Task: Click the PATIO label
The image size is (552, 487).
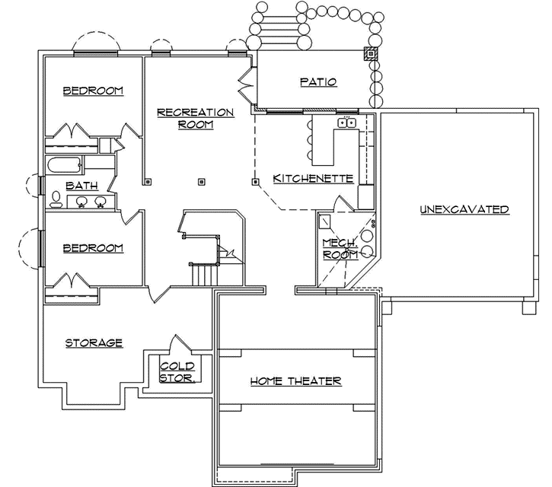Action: click(x=318, y=82)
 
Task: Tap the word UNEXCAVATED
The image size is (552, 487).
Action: click(x=464, y=209)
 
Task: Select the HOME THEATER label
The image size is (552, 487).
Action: click(x=295, y=381)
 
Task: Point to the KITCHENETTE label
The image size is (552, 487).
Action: click(x=313, y=179)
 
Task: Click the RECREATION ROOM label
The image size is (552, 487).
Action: click(x=195, y=118)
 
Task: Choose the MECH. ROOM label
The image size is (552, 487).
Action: click(x=340, y=249)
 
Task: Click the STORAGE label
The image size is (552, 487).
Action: click(x=94, y=343)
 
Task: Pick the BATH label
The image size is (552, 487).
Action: click(x=81, y=185)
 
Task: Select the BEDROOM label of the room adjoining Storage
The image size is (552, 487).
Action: click(x=92, y=249)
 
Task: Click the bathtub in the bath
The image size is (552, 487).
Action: click(x=64, y=165)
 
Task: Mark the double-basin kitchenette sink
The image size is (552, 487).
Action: click(x=346, y=122)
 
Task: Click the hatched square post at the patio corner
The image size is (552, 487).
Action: click(x=371, y=54)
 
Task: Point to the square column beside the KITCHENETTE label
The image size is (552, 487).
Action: click(x=256, y=181)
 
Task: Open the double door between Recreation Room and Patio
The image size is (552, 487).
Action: click(x=246, y=85)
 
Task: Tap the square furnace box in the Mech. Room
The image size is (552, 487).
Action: click(x=325, y=221)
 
